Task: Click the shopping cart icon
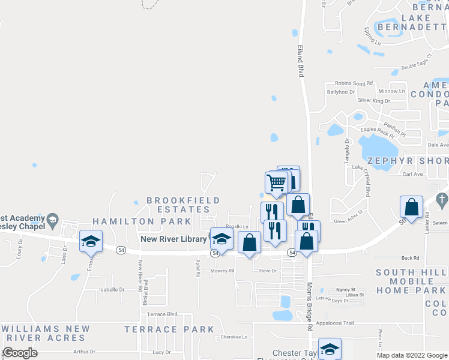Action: pyautogui.click(x=276, y=182)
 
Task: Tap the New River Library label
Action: pyautogui.click(x=173, y=239)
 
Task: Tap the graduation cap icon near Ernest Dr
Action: pyautogui.click(x=90, y=241)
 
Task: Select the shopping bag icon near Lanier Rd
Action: pyautogui.click(x=411, y=207)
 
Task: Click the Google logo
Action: pyautogui.click(x=20, y=353)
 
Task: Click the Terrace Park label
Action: pyautogui.click(x=169, y=329)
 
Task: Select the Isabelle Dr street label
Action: pyautogui.click(x=112, y=289)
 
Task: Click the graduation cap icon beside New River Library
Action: pyautogui.click(x=221, y=239)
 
